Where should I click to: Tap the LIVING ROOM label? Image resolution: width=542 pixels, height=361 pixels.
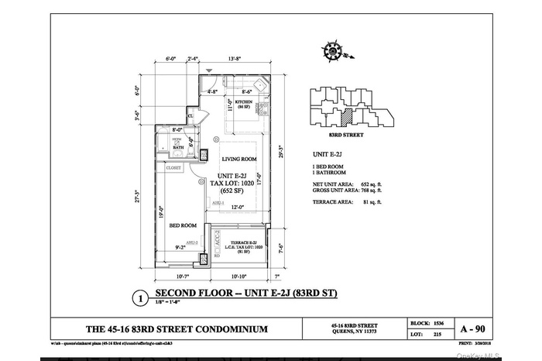click(238, 160)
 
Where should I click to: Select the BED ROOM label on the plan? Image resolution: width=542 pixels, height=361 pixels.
click(184, 225)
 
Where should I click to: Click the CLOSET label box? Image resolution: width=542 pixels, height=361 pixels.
click(173, 167)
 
